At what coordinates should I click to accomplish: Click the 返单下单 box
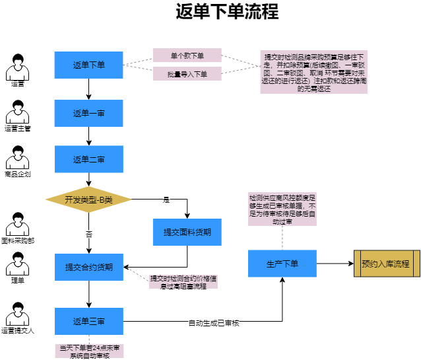[x=88, y=65]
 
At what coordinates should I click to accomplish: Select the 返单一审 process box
[x=88, y=113]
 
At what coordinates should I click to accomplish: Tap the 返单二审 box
[x=88, y=159]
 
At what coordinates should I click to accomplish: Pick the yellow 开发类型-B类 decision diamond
[x=88, y=199]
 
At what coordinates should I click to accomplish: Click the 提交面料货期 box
[x=187, y=232]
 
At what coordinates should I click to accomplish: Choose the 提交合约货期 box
[x=88, y=267]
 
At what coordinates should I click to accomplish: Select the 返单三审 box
[x=88, y=321]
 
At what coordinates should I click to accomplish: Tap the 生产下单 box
[x=282, y=264]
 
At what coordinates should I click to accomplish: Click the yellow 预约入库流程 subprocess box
[x=385, y=264]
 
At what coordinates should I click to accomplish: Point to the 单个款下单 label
[x=187, y=55]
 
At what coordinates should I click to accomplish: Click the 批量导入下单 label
[x=187, y=74]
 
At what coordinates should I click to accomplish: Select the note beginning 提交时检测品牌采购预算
[x=313, y=71]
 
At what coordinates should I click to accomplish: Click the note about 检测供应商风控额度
[x=282, y=209]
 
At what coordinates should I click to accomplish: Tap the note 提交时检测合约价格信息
[x=183, y=282]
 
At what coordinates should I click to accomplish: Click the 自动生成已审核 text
[x=213, y=323]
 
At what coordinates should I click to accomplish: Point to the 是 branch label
[x=166, y=199]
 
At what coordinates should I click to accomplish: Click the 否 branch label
[x=88, y=234]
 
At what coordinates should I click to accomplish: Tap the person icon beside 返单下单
[x=17, y=69]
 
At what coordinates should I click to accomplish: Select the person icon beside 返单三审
[x=17, y=316]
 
